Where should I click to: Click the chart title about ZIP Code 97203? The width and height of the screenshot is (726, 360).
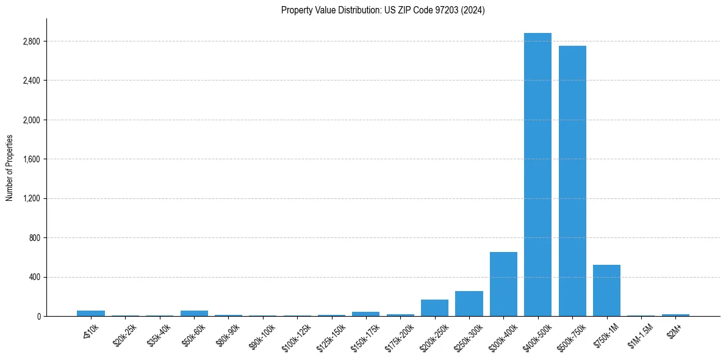(x=383, y=10)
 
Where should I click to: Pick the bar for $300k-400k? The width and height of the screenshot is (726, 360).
(x=503, y=284)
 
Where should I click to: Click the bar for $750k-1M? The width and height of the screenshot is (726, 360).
(x=606, y=290)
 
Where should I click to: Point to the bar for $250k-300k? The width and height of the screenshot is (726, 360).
(x=469, y=304)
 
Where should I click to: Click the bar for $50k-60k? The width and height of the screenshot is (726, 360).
(x=194, y=313)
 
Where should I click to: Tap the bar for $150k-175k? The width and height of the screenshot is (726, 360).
(x=365, y=314)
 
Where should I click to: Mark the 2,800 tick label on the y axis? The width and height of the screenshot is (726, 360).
(x=30, y=41)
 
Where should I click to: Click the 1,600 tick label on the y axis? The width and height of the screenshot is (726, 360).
(x=30, y=159)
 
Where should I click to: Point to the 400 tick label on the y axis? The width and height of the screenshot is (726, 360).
(x=34, y=277)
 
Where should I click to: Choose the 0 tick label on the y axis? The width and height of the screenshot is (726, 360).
(x=38, y=316)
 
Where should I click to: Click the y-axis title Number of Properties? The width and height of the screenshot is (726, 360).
(x=10, y=168)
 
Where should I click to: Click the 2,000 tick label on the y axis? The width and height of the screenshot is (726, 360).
(x=30, y=120)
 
